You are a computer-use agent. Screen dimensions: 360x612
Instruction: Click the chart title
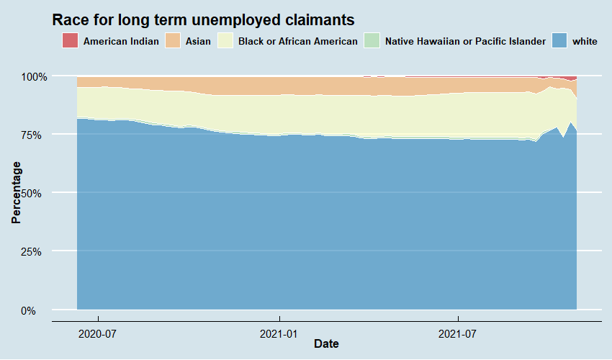(204, 19)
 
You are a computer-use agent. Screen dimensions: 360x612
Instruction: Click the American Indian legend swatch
(70, 41)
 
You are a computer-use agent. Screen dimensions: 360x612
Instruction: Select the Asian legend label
(198, 42)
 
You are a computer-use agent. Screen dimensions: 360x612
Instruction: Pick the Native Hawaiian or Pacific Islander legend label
(465, 42)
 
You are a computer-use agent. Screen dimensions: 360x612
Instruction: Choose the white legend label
(585, 42)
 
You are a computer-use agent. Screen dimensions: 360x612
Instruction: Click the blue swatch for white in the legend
(559, 41)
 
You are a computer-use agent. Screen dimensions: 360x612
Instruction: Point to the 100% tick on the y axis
(33, 76)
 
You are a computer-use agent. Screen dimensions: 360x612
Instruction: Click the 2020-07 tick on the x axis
(98, 333)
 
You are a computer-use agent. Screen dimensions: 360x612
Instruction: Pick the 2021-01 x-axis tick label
(279, 333)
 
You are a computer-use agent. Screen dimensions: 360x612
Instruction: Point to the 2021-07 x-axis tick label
(459, 333)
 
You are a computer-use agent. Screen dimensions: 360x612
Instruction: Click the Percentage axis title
(16, 193)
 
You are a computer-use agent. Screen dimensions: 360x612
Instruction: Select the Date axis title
(326, 345)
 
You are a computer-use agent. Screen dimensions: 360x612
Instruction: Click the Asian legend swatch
(173, 41)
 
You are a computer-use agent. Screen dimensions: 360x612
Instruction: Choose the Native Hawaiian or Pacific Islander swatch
(372, 41)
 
